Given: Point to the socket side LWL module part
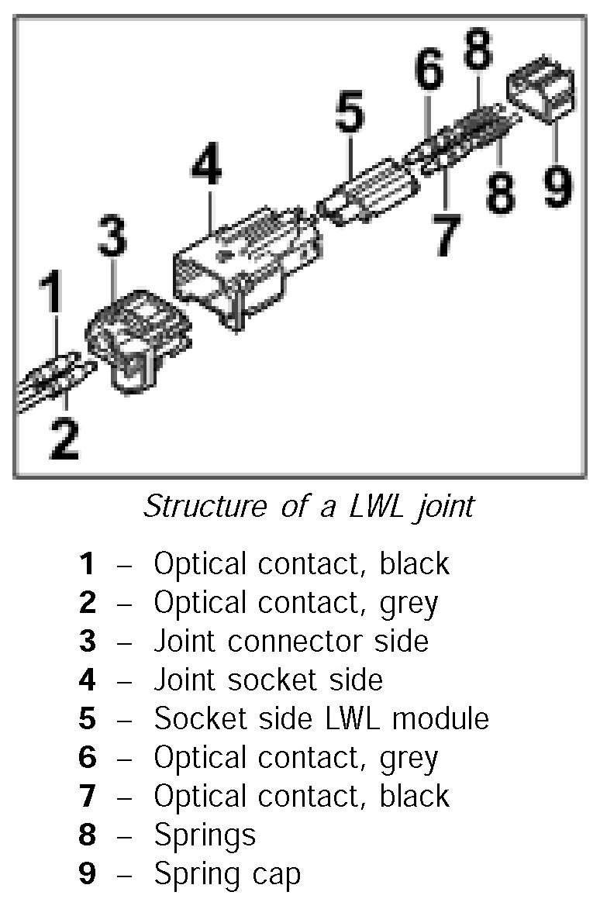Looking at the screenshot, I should click(x=368, y=195).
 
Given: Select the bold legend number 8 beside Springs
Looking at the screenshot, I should click(x=87, y=835).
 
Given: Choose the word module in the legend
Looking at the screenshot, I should click(x=440, y=718).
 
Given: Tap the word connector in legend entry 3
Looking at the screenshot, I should click(x=291, y=641).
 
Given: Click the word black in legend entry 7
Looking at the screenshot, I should click(x=414, y=796).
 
